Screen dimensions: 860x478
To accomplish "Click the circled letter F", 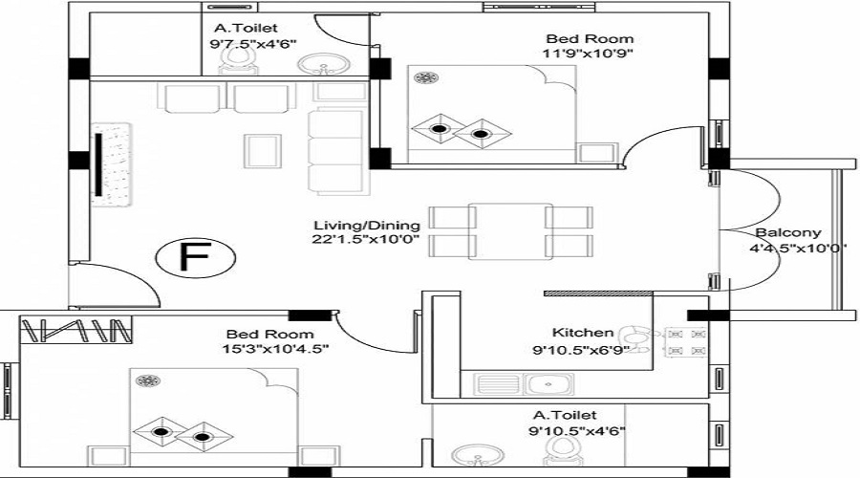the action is [195, 257].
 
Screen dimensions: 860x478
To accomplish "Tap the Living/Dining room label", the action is [367, 226].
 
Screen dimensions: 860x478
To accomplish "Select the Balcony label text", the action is [788, 232].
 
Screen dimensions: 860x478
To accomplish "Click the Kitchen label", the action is [583, 333].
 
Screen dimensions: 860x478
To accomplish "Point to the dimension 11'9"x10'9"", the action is [589, 54].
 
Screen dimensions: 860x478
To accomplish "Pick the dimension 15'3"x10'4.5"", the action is [275, 349].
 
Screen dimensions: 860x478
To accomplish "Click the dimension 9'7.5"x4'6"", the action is [253, 43].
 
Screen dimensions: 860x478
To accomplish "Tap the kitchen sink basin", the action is [548, 384].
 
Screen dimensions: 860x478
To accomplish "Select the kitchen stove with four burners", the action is [685, 342].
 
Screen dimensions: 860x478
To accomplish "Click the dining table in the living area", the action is [510, 230].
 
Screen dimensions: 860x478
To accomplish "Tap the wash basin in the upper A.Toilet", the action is [324, 64].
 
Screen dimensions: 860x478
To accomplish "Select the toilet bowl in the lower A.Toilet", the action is [562, 451].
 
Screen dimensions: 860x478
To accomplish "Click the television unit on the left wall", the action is [111, 164].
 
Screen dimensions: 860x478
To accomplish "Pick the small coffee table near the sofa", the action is [263, 151].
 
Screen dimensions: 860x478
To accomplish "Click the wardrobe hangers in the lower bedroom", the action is [75, 330].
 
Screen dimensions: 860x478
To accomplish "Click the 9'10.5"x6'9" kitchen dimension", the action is [577, 350].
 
